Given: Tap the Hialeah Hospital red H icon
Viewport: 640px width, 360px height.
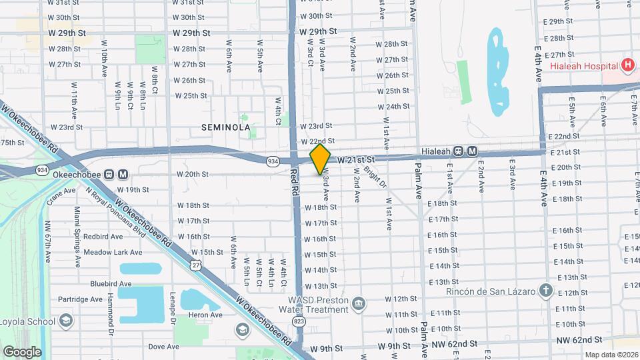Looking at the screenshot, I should coord(626,65).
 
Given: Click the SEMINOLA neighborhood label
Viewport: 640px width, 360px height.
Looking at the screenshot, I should coord(227,127).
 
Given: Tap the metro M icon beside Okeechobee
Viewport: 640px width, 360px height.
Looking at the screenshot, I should coord(123,175).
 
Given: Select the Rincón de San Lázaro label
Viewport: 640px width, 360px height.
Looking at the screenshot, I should coord(491,291).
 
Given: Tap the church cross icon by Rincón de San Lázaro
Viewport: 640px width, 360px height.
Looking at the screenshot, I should coord(546,290).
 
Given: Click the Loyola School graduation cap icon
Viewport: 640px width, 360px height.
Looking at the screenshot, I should coord(65,321).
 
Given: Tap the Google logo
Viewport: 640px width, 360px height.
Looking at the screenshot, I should coord(22,351).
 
